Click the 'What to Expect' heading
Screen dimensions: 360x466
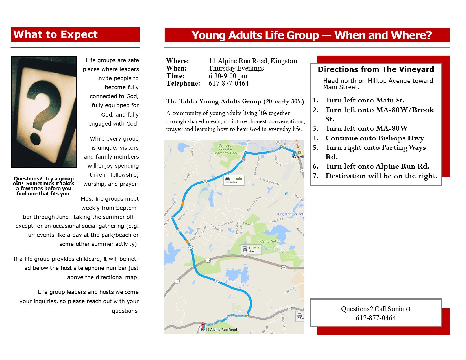tap(55, 34)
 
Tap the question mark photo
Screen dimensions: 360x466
tap(44, 112)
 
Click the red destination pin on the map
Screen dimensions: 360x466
tap(203, 326)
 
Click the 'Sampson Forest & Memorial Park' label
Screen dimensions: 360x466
tap(226, 149)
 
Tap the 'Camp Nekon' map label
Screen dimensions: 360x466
tap(270, 241)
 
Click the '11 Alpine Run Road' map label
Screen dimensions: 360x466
tap(221, 330)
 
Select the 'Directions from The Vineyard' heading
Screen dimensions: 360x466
tap(376, 69)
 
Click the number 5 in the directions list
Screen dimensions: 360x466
tap(315, 147)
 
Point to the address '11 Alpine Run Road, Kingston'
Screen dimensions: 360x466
tap(253, 61)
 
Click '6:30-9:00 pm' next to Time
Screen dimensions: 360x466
tap(228, 76)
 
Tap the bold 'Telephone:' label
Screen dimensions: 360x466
tap(183, 83)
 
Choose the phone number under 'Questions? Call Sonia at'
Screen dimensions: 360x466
tap(376, 318)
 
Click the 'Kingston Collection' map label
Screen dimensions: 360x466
tap(290, 214)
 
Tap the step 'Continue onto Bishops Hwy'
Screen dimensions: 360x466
tap(374, 138)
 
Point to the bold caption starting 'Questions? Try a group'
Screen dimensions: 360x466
tap(44, 186)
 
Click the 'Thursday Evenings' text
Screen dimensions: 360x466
tap(236, 68)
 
